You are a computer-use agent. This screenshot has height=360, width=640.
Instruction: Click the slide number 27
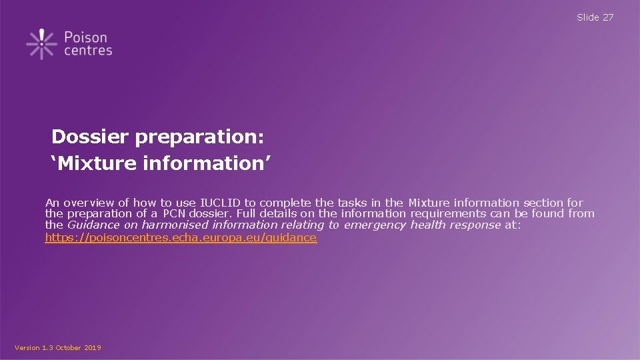click(x=608, y=17)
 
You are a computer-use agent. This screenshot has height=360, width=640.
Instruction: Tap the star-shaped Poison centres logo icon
click(x=41, y=44)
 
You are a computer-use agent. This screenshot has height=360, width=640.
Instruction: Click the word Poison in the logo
click(x=86, y=37)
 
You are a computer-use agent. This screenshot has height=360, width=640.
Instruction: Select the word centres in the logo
click(x=88, y=51)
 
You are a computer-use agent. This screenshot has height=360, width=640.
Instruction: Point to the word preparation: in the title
click(x=199, y=137)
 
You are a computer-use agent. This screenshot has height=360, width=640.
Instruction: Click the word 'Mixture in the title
click(x=94, y=163)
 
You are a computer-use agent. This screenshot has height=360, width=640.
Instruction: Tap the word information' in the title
click(x=207, y=163)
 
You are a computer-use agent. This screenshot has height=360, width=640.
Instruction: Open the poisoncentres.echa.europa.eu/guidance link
click(x=181, y=237)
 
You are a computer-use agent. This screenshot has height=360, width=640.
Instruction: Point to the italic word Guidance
click(x=93, y=225)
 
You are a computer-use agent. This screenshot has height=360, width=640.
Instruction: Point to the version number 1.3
click(x=45, y=348)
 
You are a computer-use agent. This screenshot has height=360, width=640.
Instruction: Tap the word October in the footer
click(x=68, y=348)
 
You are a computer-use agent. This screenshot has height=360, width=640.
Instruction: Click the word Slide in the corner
click(x=587, y=17)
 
